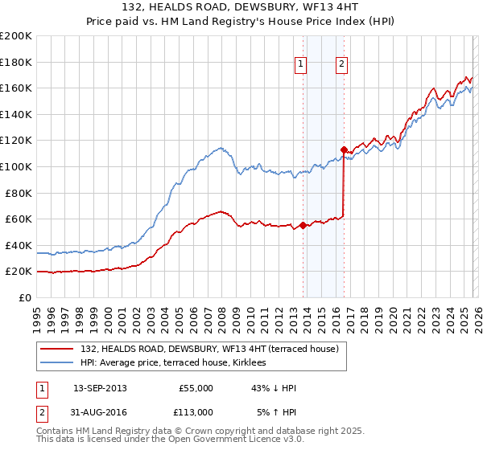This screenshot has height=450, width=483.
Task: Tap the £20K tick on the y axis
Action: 19,272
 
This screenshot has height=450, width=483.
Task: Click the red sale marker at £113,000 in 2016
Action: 344,149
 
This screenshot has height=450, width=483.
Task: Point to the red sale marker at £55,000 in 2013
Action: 303,225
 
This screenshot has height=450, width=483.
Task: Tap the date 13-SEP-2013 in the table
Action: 100,388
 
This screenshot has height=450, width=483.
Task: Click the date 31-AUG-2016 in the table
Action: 100,412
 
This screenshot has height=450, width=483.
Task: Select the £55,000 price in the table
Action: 196,388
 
